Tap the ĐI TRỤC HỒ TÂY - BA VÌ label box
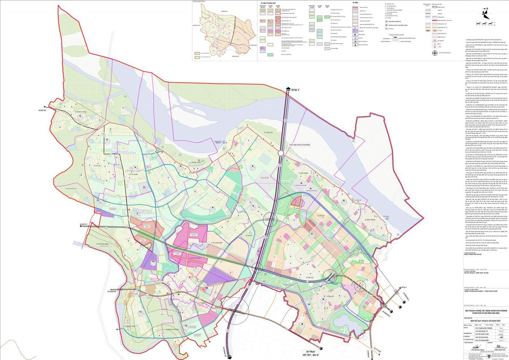point(311,353)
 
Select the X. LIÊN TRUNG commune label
point(370,220)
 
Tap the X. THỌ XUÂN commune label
point(133,174)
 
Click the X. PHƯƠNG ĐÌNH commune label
point(103,244)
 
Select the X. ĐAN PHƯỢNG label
point(196,258)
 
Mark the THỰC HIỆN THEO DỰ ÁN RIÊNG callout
point(299,145)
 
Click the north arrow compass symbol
point(485,14)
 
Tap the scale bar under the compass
point(486,24)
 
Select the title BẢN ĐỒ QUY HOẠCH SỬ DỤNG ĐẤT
point(486,321)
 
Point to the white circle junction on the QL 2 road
point(281,153)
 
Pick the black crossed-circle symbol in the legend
point(435,53)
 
